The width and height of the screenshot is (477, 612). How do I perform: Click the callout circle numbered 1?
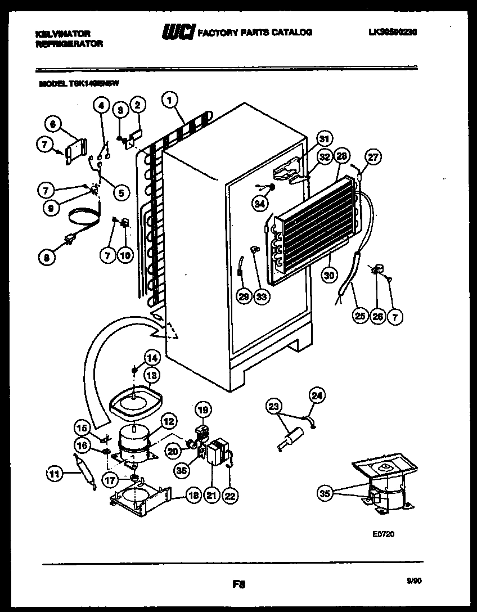point(169,101)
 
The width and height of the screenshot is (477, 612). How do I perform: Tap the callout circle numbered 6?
point(52,124)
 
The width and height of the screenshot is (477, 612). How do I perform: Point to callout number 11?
point(53,474)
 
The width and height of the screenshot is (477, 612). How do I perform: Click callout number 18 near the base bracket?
point(192,496)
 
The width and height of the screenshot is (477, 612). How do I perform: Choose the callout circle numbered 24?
point(318,396)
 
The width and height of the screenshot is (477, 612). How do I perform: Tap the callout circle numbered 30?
point(330,274)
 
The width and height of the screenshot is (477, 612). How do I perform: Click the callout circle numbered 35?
point(324,494)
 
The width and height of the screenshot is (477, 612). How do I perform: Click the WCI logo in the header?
point(178,33)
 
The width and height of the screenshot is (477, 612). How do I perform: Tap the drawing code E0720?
point(382,534)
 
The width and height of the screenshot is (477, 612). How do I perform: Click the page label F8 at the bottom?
point(239,584)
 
